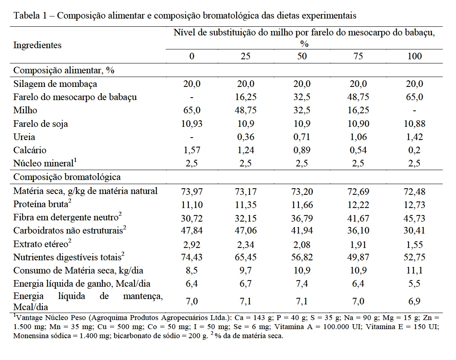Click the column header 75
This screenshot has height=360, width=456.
358,56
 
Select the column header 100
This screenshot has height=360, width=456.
414,56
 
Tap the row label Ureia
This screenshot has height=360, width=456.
24,137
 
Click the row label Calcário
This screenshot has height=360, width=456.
30,150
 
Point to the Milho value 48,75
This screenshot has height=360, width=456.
245,110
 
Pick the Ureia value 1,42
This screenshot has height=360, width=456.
414,137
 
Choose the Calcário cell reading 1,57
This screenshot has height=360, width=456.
191,150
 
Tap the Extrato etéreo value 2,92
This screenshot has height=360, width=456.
191,245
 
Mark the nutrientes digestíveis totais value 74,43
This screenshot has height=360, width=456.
191,257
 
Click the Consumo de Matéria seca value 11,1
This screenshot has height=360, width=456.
414,271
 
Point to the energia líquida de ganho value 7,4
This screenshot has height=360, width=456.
302,284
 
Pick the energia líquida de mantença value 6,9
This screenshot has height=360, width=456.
414,302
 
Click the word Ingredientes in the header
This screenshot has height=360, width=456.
38,45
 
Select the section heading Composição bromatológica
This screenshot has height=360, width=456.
67,177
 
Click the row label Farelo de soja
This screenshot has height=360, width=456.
41,124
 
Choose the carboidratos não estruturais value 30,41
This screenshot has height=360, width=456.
414,230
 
